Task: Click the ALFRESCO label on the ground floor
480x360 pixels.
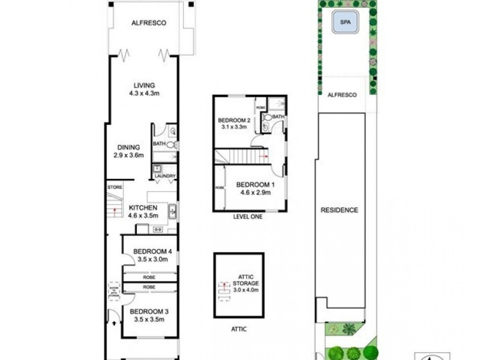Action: click(x=148, y=23)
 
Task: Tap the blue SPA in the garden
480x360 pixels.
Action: click(x=344, y=23)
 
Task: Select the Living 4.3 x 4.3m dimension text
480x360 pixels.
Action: click(x=145, y=94)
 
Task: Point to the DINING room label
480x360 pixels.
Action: click(x=129, y=147)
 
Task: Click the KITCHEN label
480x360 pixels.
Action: click(x=143, y=208)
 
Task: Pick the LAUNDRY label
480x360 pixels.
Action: click(x=164, y=176)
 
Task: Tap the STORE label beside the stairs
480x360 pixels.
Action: click(x=115, y=187)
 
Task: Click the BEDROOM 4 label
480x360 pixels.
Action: click(x=153, y=251)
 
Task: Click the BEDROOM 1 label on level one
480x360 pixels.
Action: click(x=255, y=184)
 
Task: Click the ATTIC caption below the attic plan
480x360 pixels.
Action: click(x=238, y=329)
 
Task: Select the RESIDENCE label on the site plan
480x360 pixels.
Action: click(x=339, y=210)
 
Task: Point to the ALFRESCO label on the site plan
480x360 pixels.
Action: click(x=342, y=95)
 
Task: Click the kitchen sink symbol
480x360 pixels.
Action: click(x=172, y=210)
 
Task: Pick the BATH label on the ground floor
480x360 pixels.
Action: click(x=158, y=144)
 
